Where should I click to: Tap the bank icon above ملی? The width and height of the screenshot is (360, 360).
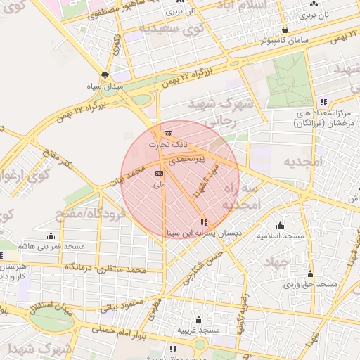click(159, 172)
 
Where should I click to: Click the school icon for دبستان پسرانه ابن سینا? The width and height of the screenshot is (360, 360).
click(204, 222)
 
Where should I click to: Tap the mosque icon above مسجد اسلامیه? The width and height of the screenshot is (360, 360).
click(280, 226)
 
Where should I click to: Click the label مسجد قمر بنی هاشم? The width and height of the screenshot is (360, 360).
click(51, 246)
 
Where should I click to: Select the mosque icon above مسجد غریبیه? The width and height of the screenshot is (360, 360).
click(198, 320)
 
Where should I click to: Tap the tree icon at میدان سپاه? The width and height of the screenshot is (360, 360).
click(105, 76)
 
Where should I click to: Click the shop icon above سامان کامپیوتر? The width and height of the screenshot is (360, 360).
click(285, 30)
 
